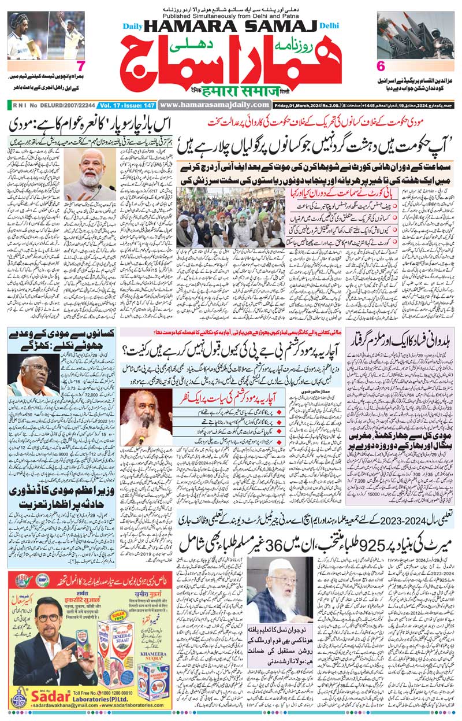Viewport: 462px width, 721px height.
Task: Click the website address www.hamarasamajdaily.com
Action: pyautogui.click(x=214, y=105)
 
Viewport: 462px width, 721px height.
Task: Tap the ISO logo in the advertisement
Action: pyautogui.click(x=18, y=563)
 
